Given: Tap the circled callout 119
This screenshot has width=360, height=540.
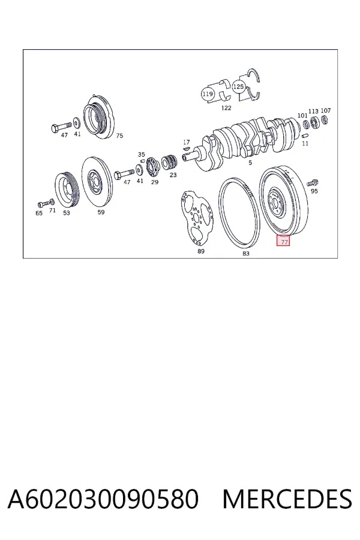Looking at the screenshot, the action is [x=208, y=94].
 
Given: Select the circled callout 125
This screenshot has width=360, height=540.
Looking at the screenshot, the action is [x=238, y=86].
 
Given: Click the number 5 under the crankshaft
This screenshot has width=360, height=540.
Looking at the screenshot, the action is [x=250, y=163].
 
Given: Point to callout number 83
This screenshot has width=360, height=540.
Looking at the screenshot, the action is [x=245, y=253].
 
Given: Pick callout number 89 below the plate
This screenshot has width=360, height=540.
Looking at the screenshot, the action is [x=201, y=251].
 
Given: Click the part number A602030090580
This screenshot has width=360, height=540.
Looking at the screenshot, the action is [x=103, y=499].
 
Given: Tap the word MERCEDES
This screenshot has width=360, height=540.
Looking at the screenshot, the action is [x=287, y=499].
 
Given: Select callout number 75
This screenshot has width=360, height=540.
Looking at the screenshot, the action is [x=119, y=136].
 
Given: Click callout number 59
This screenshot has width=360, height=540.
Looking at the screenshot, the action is [x=101, y=212].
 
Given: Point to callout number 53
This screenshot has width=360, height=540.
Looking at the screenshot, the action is [x=66, y=213].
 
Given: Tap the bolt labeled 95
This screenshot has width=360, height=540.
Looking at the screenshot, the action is [x=313, y=182].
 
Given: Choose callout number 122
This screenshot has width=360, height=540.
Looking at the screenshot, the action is [x=226, y=108].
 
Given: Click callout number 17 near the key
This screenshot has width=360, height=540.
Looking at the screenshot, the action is [x=187, y=142].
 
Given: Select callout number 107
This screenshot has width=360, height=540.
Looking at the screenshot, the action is [x=326, y=110].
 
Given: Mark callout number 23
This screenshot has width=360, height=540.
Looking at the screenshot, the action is [x=173, y=175].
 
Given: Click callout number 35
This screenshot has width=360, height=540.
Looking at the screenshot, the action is [x=141, y=154].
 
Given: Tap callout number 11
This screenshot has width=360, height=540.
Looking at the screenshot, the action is [x=305, y=143].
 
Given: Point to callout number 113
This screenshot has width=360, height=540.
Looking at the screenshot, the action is [x=313, y=111].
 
